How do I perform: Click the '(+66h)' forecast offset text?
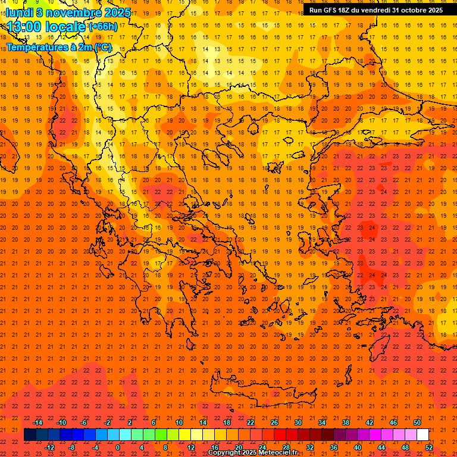coord(103,27)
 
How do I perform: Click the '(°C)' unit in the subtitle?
coord(102,47)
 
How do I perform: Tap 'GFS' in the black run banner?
coord(328,10)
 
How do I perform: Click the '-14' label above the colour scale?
coord(37,422)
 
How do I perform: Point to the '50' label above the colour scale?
coord(417,422)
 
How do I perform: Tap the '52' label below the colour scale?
coord(429,447)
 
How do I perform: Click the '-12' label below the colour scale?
coord(49,447)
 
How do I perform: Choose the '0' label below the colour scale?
coord(118,447)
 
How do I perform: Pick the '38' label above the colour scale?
coord(346,422)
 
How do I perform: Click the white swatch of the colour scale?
coord(422,435)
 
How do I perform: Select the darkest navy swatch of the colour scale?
coord(30,435)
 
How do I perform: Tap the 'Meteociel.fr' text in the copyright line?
coord(277,453)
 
